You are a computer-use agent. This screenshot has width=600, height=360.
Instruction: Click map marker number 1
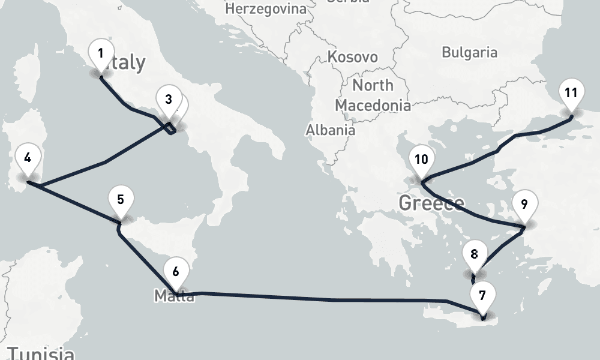(101, 54)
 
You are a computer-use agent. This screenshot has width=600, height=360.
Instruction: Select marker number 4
(28, 158)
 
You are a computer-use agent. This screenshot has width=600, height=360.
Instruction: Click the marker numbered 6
(175, 272)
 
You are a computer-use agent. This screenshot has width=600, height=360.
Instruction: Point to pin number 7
(483, 295)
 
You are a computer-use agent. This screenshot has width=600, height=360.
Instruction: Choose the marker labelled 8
(475, 254)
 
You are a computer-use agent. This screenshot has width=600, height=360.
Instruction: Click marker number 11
(571, 93)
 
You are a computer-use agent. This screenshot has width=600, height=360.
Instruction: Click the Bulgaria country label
(469, 52)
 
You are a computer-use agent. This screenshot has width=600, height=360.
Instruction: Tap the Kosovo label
(353, 57)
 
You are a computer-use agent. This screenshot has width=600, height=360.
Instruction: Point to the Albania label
(330, 130)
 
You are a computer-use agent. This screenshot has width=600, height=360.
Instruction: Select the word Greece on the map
(431, 203)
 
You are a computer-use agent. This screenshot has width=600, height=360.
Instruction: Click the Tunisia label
(41, 353)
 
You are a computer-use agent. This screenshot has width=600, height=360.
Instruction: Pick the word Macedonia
(373, 105)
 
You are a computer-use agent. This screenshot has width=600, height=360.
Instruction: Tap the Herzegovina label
(265, 9)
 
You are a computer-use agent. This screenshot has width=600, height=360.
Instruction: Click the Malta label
(174, 296)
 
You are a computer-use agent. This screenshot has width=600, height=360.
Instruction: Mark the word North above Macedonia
(373, 85)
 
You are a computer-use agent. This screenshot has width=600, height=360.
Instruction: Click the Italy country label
(127, 62)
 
